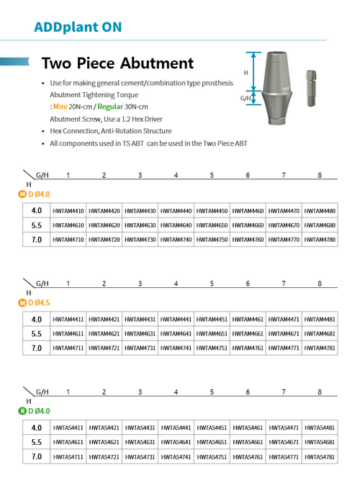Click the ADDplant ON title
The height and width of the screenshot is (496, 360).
pyautogui.click(x=78, y=27)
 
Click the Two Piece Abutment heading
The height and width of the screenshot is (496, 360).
pyautogui.click(x=117, y=63)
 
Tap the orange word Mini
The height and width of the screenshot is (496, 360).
pyautogui.click(x=60, y=107)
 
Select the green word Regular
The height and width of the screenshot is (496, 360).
pyautogui.click(x=110, y=107)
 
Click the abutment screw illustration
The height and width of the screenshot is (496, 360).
pyautogui.click(x=311, y=89)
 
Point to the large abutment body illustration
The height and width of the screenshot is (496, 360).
pyautogui.click(x=277, y=88)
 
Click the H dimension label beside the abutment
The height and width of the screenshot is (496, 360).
pyautogui.click(x=246, y=73)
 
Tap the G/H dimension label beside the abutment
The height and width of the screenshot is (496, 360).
pyautogui.click(x=246, y=98)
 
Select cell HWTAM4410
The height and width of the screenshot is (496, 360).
pyautogui.click(x=68, y=211)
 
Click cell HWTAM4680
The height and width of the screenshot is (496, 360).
pyautogui.click(x=320, y=225)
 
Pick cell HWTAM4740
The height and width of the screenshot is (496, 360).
pyautogui.click(x=176, y=240)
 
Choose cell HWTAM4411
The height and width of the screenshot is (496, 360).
pyautogui.click(x=68, y=319)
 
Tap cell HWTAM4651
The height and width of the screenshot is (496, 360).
pyautogui.click(x=212, y=334)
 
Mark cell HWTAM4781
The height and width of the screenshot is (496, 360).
pyautogui.click(x=320, y=348)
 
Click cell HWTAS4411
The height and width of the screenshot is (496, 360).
pyautogui.click(x=68, y=428)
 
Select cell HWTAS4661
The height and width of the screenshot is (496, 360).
pyautogui.click(x=248, y=442)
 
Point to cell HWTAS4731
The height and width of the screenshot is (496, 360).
pyautogui.click(x=140, y=457)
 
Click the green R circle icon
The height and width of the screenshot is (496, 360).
pyautogui.click(x=22, y=411)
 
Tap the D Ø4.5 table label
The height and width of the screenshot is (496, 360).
pyautogui.click(x=39, y=303)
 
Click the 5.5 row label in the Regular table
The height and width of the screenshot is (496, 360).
pyautogui.click(x=37, y=442)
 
